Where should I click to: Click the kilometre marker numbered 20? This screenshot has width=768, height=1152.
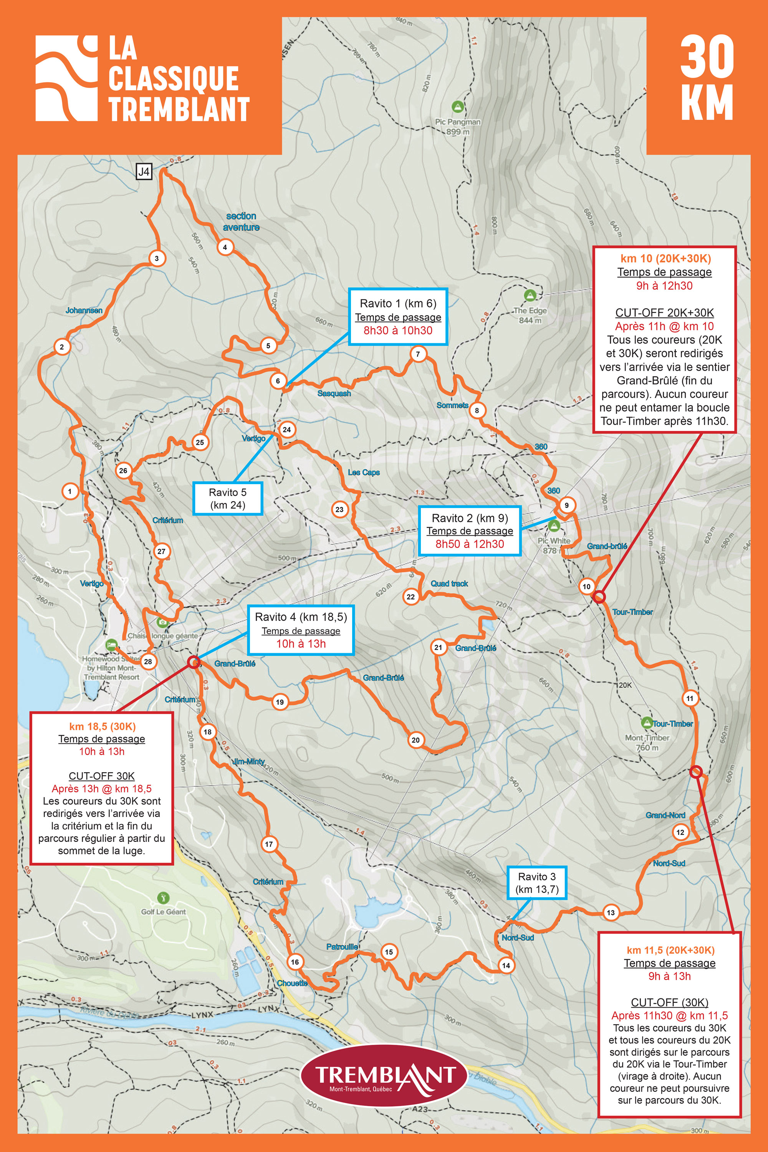[415, 740]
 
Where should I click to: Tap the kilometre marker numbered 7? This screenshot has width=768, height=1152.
[418, 354]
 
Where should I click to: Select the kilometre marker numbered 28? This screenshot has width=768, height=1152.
[147, 662]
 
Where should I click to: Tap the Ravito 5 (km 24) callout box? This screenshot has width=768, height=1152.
[227, 498]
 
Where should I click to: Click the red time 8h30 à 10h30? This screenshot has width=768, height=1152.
[398, 330]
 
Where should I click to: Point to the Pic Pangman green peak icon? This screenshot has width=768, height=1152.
[457, 106]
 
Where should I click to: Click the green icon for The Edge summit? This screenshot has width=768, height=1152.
[530, 295]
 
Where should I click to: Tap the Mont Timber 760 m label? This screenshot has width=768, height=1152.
[647, 742]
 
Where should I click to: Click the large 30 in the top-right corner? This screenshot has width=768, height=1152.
[707, 58]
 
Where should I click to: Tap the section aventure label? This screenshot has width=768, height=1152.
[241, 221]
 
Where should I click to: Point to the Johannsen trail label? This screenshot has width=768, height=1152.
[84, 310]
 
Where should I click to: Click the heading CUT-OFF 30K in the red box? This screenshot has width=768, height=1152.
[101, 776]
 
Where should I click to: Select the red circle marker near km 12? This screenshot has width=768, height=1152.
[695, 772]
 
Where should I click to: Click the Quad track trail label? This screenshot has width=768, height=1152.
[449, 584]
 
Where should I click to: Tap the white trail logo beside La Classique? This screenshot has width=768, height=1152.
[66, 78]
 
